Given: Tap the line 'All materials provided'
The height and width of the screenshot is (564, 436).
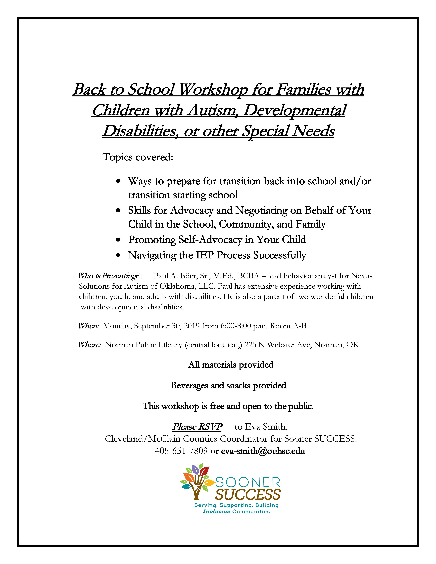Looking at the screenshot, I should tap(231, 365).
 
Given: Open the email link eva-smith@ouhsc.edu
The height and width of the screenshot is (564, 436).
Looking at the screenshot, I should tap(263, 451).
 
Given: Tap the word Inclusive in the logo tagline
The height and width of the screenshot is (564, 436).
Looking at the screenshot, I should tap(216, 512).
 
